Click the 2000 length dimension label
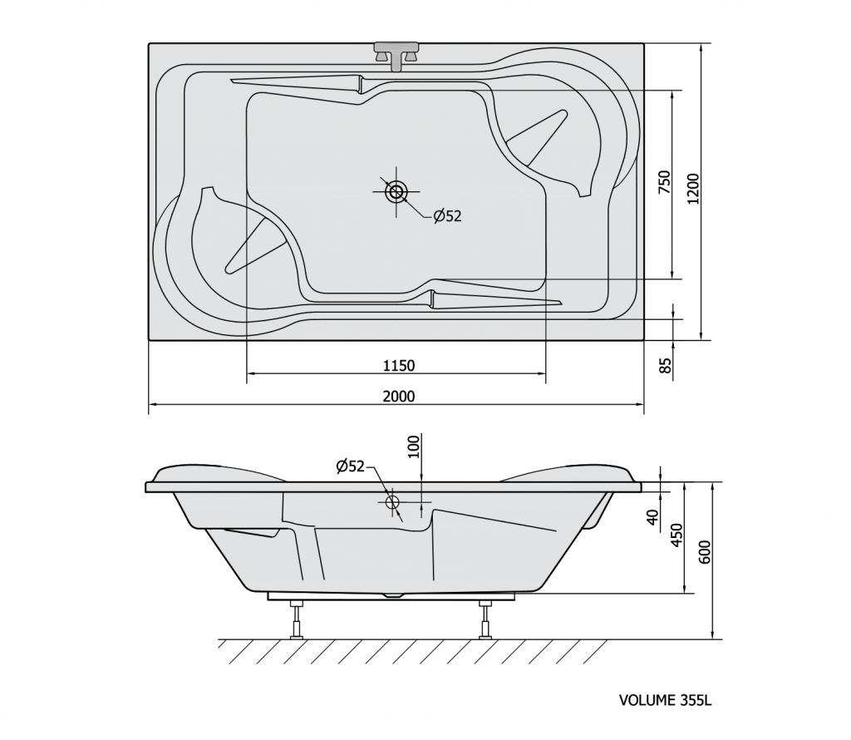[398, 397]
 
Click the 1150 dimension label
[398, 366]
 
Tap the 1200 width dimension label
[693, 189]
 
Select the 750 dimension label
[664, 182]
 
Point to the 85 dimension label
[665, 365]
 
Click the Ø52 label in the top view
[447, 216]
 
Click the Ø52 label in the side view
[350, 466]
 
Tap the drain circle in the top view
[396, 191]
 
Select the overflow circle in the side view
[392, 501]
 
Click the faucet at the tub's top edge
[396, 56]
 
